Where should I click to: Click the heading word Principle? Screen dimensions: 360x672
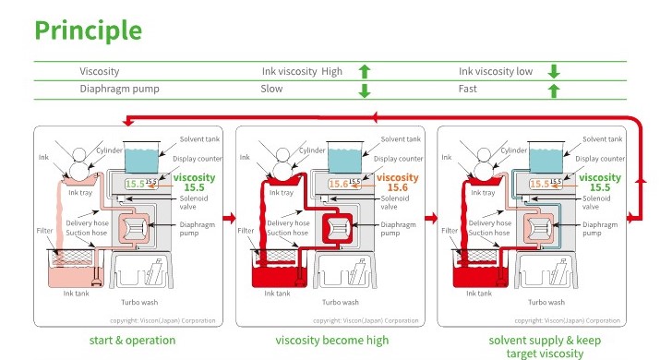(89, 30)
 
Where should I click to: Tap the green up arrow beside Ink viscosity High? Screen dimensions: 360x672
(364, 71)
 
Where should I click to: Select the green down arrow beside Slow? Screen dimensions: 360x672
(364, 90)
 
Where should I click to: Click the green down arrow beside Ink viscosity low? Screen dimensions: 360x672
(554, 71)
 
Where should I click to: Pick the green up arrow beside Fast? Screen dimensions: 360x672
(554, 90)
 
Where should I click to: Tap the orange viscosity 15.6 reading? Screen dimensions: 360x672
(398, 182)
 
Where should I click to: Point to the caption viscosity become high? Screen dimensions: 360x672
(332, 341)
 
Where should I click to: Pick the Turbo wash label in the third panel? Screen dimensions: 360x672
(542, 301)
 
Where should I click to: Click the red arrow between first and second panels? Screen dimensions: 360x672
(227, 219)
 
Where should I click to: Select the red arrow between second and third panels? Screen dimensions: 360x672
(429, 219)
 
